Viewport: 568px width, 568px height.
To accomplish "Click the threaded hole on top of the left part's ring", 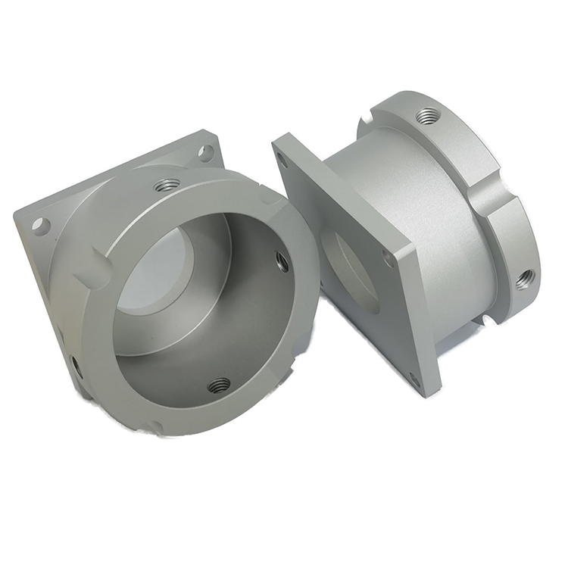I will [166, 185].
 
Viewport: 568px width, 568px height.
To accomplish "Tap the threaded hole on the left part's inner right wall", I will [282, 262].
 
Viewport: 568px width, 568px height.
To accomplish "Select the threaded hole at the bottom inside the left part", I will [219, 385].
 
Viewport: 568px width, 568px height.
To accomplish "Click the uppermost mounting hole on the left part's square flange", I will [205, 152].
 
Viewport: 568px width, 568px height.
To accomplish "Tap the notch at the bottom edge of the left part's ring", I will [155, 428].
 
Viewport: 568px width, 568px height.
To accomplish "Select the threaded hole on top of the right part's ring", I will [428, 116].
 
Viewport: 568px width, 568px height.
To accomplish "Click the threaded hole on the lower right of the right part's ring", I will [524, 279].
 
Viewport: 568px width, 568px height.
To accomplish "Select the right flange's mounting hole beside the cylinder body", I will [388, 257].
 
